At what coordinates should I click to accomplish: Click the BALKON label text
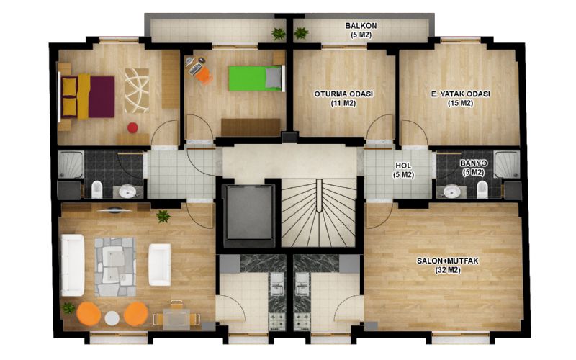[361, 26]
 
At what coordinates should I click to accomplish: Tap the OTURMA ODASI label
[343, 94]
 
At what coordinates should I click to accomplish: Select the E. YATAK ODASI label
[460, 94]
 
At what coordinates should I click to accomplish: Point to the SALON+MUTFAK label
[447, 261]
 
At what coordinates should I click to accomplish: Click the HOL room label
[403, 166]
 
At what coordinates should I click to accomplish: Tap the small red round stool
[132, 128]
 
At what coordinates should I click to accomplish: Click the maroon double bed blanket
[102, 97]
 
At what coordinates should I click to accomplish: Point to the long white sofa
[73, 265]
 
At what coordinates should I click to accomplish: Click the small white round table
[112, 318]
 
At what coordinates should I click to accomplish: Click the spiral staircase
[318, 212]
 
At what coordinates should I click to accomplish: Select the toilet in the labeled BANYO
[482, 189]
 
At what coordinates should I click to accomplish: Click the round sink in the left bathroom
[127, 192]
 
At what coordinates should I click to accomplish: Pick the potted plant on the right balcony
[301, 33]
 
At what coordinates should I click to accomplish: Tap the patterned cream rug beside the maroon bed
[137, 91]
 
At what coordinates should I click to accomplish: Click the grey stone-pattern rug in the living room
[115, 266]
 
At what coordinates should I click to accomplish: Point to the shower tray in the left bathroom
[71, 164]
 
